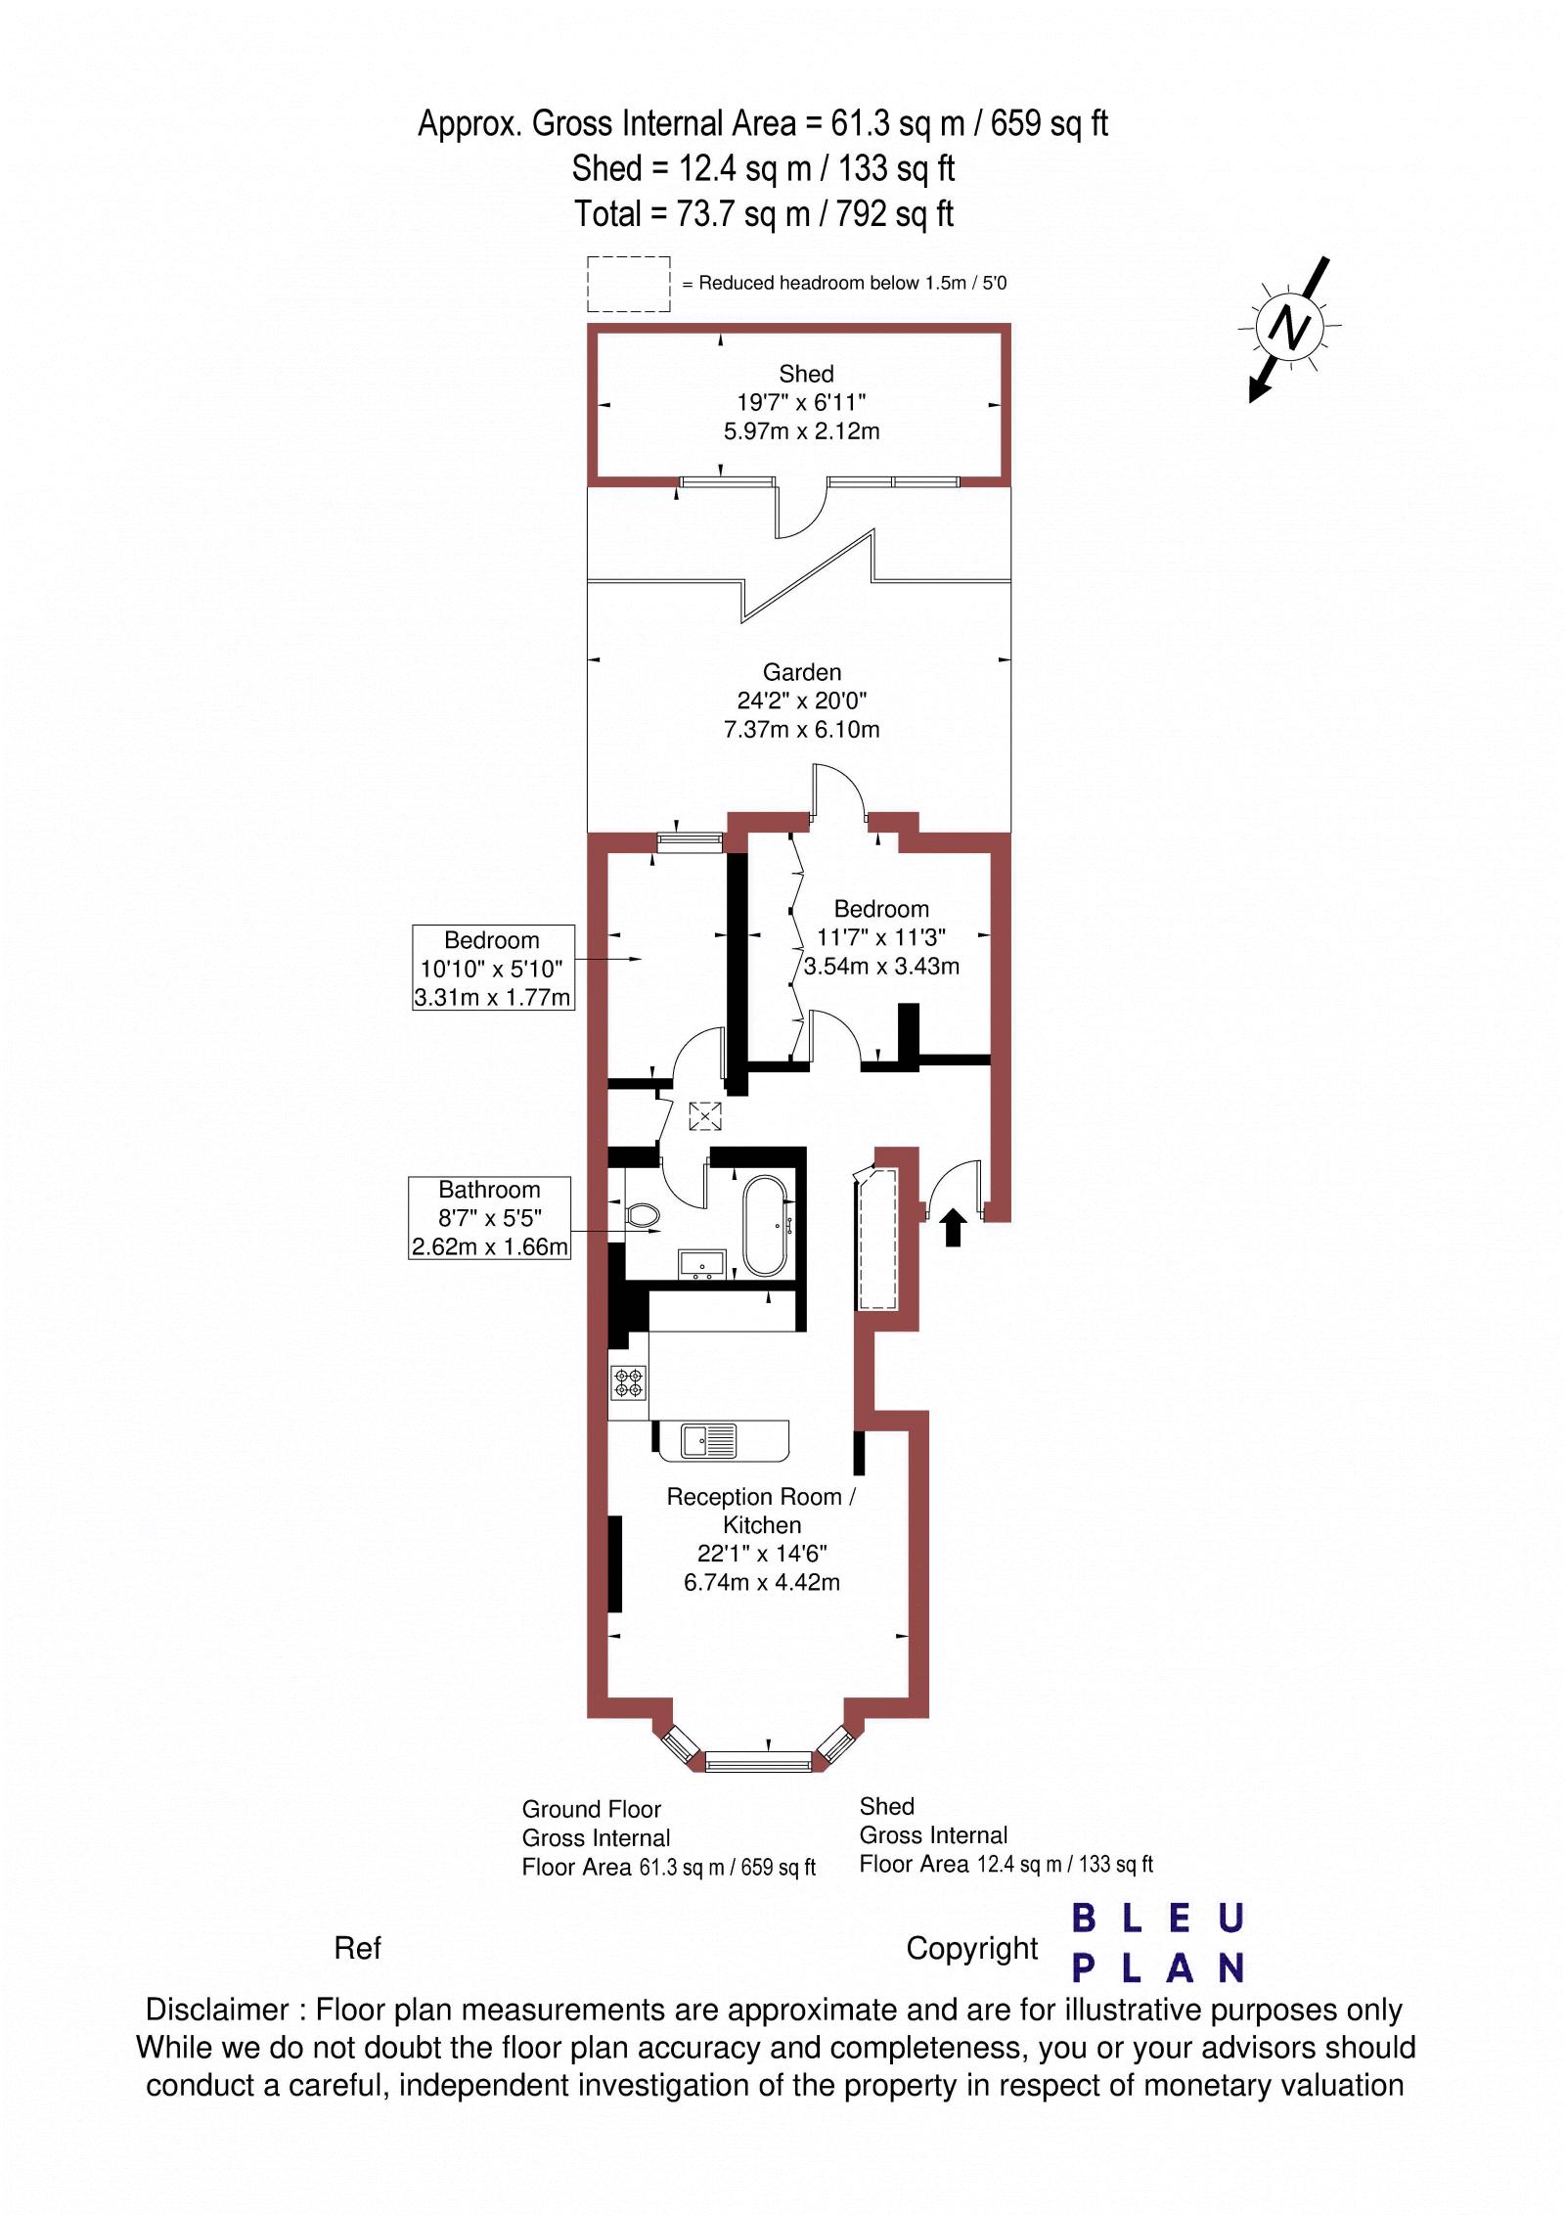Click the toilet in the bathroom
(640, 1215)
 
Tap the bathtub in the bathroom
(763, 1226)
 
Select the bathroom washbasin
(701, 1263)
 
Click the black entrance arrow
(954, 1227)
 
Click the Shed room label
(806, 374)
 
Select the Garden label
(802, 672)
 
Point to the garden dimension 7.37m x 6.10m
(801, 730)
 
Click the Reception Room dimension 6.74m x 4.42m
(762, 1582)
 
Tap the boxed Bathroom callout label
(489, 1218)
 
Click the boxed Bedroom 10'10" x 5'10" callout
(493, 968)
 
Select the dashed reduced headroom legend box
(629, 284)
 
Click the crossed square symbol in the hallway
(704, 1115)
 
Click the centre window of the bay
(759, 1760)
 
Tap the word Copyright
(971, 1948)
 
